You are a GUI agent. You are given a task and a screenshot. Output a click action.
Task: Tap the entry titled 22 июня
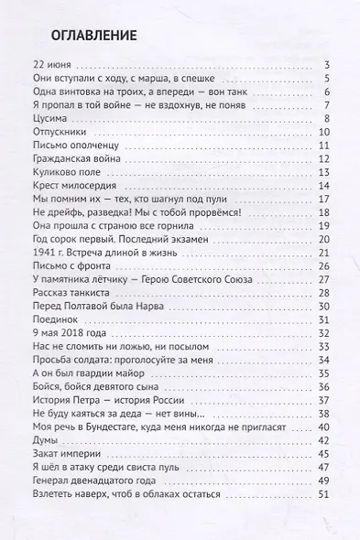(x=51, y=65)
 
